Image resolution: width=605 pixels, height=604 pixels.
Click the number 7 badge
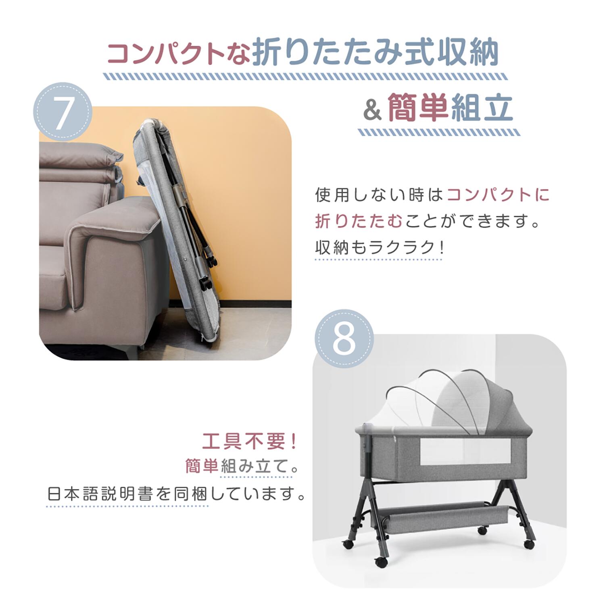tap(63, 112)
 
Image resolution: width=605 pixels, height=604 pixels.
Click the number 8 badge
tap(344, 338)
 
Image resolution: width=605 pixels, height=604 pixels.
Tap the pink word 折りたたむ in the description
tap(359, 221)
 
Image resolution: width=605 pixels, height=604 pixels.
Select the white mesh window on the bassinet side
tap(465, 452)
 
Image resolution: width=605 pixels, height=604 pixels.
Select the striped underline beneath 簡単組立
tap(439, 132)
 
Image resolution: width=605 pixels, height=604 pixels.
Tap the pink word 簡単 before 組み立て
tap(202, 466)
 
